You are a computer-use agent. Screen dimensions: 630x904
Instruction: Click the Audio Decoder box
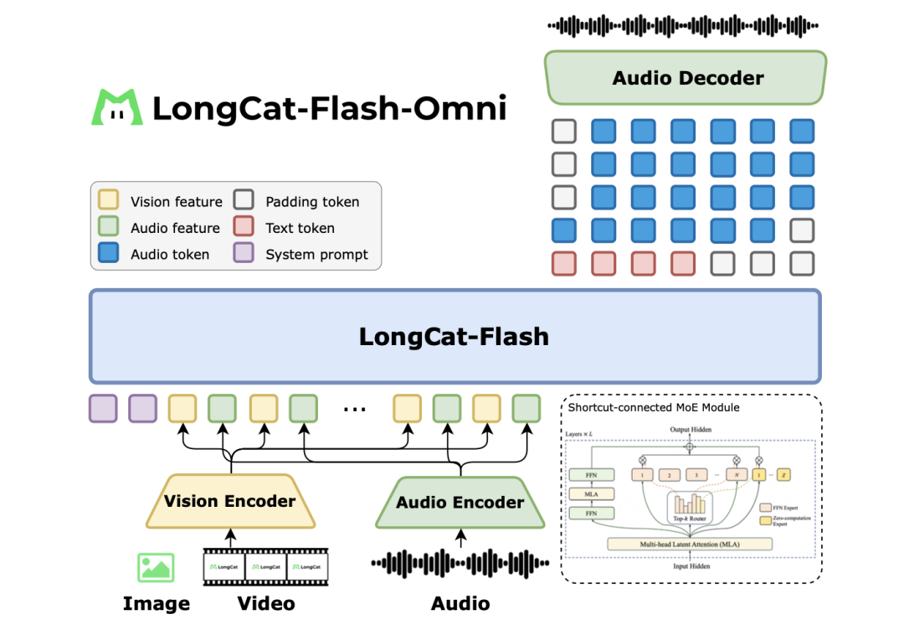[x=686, y=79]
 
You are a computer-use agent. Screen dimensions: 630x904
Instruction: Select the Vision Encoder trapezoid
[x=230, y=502]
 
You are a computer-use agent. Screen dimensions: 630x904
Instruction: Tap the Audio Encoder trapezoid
[x=460, y=503]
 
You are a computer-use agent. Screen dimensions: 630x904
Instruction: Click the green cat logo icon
[x=117, y=108]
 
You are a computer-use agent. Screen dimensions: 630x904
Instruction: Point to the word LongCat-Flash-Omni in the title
[x=330, y=109]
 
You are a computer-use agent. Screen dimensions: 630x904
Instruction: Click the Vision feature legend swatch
[x=109, y=201]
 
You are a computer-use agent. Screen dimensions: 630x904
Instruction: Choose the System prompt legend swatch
[x=244, y=254]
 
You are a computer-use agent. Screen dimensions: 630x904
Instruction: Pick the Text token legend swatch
[x=244, y=228]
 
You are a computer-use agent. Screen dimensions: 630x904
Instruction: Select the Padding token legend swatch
[x=244, y=201]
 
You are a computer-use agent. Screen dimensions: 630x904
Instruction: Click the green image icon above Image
[x=156, y=567]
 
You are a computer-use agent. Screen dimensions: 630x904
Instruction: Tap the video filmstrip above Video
[x=266, y=567]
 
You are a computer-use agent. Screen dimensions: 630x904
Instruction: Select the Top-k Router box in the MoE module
[x=691, y=507]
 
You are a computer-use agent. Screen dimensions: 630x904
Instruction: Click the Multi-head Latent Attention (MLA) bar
[x=691, y=545]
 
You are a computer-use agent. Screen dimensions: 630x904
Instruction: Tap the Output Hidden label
[x=691, y=430]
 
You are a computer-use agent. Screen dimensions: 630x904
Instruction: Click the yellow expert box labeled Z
[x=783, y=475]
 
